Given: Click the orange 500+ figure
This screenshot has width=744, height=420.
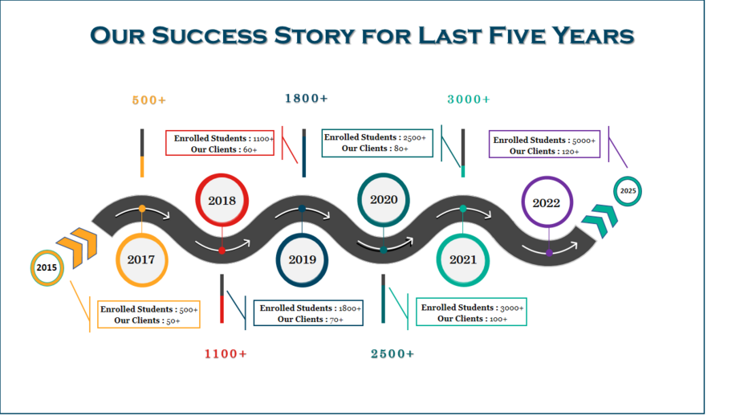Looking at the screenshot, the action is pyautogui.click(x=149, y=100).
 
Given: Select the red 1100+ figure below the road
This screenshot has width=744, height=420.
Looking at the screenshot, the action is pyautogui.click(x=226, y=353).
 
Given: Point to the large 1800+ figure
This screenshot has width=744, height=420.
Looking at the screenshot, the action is pyautogui.click(x=307, y=98).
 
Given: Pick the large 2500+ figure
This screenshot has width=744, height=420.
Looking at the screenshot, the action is pyautogui.click(x=392, y=353).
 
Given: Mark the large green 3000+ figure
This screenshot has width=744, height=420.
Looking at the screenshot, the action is pyautogui.click(x=469, y=100).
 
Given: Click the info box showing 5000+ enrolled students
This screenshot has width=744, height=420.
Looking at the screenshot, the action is pyautogui.click(x=545, y=145).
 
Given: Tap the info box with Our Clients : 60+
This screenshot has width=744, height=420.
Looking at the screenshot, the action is pyautogui.click(x=220, y=143).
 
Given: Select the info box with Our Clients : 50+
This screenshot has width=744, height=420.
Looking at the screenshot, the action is pyautogui.click(x=149, y=314).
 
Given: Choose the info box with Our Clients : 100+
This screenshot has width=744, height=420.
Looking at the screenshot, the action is pyautogui.click(x=472, y=312).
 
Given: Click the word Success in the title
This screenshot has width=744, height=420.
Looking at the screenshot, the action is pyautogui.click(x=209, y=36).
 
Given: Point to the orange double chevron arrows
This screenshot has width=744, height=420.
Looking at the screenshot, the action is pyautogui.click(x=78, y=247).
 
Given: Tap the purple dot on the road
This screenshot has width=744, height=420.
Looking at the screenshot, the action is pyautogui.click(x=549, y=253).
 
